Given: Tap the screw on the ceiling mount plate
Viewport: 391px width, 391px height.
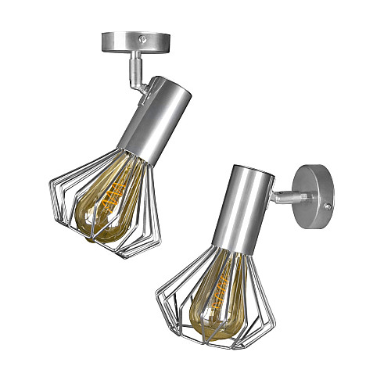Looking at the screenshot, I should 142,37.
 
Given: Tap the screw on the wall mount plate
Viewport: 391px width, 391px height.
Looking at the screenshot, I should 328,206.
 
